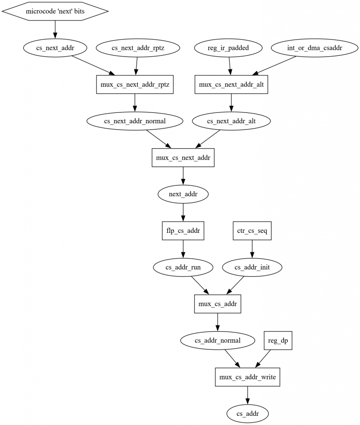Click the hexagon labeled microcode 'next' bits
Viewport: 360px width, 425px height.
point(55,11)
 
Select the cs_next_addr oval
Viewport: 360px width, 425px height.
point(55,48)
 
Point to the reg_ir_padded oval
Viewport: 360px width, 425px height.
point(228,48)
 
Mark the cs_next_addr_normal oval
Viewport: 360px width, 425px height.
point(135,121)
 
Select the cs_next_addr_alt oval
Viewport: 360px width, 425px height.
point(232,121)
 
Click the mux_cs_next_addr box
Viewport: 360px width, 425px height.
point(183,157)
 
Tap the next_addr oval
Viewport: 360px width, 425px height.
point(183,194)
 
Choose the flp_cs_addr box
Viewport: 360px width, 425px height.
point(183,230)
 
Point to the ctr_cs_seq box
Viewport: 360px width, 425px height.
point(252,230)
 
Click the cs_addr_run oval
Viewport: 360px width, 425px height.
point(183,267)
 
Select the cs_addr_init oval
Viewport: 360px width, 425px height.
point(252,267)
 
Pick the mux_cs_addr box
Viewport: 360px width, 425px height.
point(218,304)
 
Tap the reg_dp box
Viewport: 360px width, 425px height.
point(278,340)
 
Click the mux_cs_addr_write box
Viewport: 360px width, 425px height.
point(248,377)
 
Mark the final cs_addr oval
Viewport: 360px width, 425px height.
point(248,413)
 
